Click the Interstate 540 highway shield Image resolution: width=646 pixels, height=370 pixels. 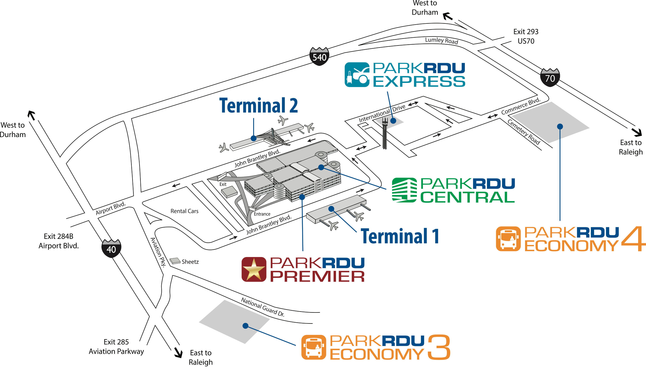point(319,56)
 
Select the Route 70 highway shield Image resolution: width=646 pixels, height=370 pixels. point(550,77)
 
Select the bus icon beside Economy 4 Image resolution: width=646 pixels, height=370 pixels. point(508,239)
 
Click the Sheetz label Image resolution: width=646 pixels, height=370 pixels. point(190,262)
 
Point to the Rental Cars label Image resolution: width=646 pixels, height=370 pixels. point(184,211)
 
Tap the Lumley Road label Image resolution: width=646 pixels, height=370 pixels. point(442,41)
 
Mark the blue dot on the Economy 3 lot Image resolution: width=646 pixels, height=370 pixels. point(245,326)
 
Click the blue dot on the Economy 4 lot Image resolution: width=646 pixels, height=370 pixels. point(560,126)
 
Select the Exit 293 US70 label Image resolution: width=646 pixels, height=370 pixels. point(526,36)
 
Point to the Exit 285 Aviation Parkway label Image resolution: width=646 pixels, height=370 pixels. point(116,346)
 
